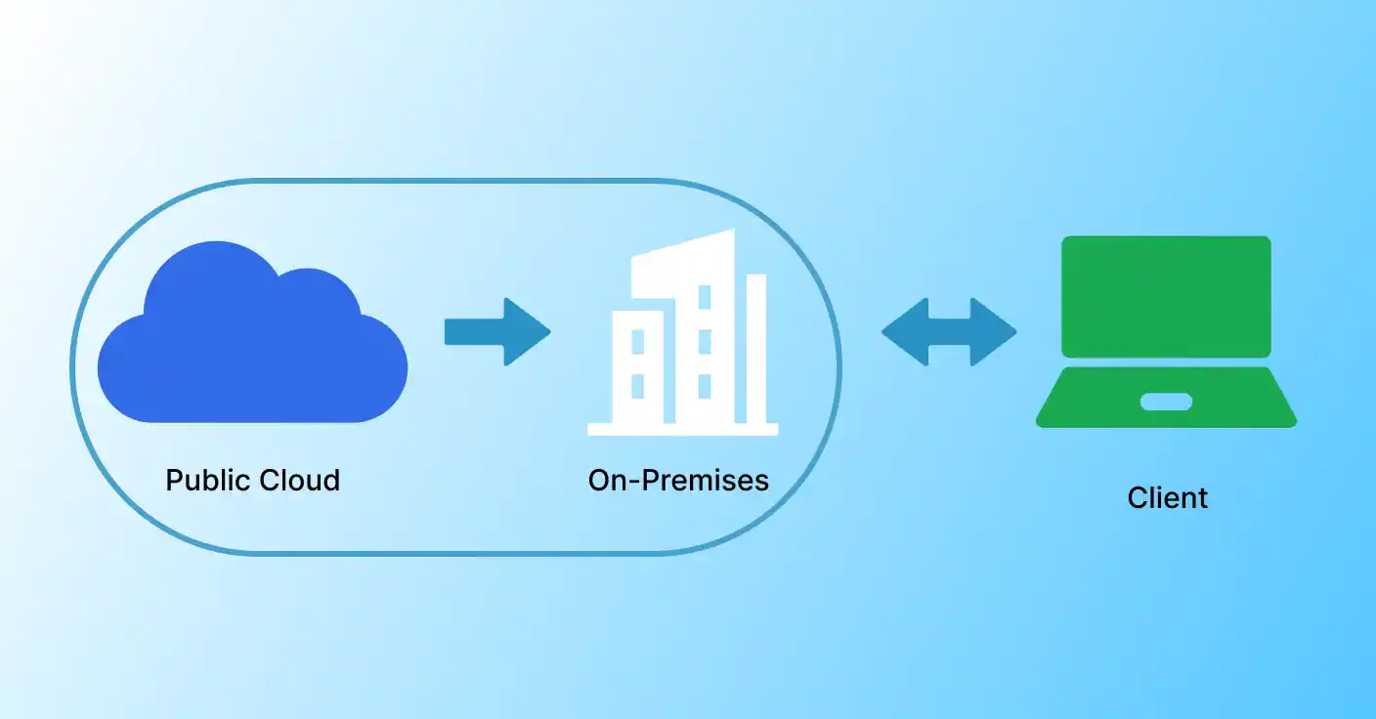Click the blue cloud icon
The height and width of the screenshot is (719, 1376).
(252, 342)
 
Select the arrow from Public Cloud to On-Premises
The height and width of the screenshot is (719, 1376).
(497, 332)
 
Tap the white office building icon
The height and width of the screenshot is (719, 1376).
(684, 337)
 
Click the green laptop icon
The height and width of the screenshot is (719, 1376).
(1166, 332)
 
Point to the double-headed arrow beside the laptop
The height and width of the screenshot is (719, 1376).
(949, 332)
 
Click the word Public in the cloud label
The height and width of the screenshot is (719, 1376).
(208, 481)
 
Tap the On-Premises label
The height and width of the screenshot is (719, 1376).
(678, 481)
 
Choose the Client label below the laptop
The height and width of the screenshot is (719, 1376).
(1167, 498)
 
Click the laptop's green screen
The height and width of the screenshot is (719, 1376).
(1166, 296)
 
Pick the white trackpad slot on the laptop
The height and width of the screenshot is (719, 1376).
(1166, 402)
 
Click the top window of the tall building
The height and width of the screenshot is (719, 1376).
(704, 296)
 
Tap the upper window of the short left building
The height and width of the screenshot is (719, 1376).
(638, 341)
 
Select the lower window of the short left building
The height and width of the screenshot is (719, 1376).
(638, 386)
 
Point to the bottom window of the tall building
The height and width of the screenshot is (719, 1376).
(704, 386)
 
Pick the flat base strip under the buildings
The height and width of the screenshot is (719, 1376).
(682, 429)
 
